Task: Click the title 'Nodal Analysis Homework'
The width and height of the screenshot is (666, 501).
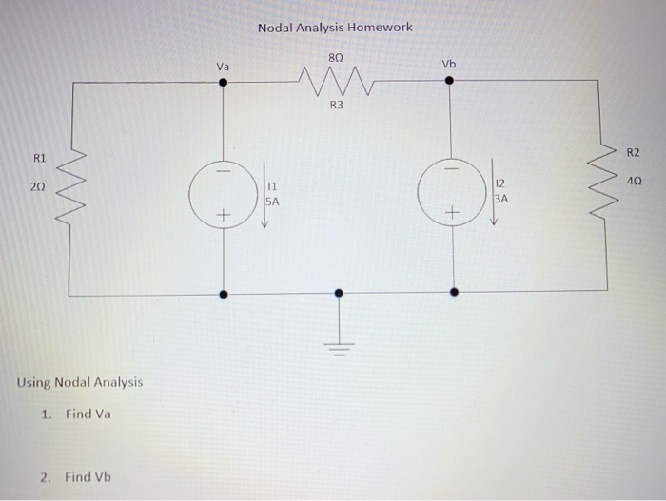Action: coord(335,28)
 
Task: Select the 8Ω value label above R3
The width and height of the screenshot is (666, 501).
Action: coord(335,58)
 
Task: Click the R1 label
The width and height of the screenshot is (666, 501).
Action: coord(39,157)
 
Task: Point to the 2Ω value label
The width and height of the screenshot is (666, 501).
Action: coord(38,189)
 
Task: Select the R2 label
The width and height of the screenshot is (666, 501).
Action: coord(634,152)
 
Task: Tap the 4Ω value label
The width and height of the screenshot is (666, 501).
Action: coord(634,179)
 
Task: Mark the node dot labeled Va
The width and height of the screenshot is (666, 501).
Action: coord(223,82)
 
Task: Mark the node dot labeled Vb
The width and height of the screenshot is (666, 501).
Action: coord(450,82)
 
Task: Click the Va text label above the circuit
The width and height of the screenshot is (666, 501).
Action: coord(223,67)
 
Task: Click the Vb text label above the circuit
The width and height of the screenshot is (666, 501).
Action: coord(449,64)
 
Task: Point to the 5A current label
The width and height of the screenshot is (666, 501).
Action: coord(272,202)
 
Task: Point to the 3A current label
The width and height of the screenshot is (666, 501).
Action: coord(501,200)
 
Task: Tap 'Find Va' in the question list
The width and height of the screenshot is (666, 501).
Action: coord(88,414)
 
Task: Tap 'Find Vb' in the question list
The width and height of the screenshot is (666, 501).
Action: coord(88,476)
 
